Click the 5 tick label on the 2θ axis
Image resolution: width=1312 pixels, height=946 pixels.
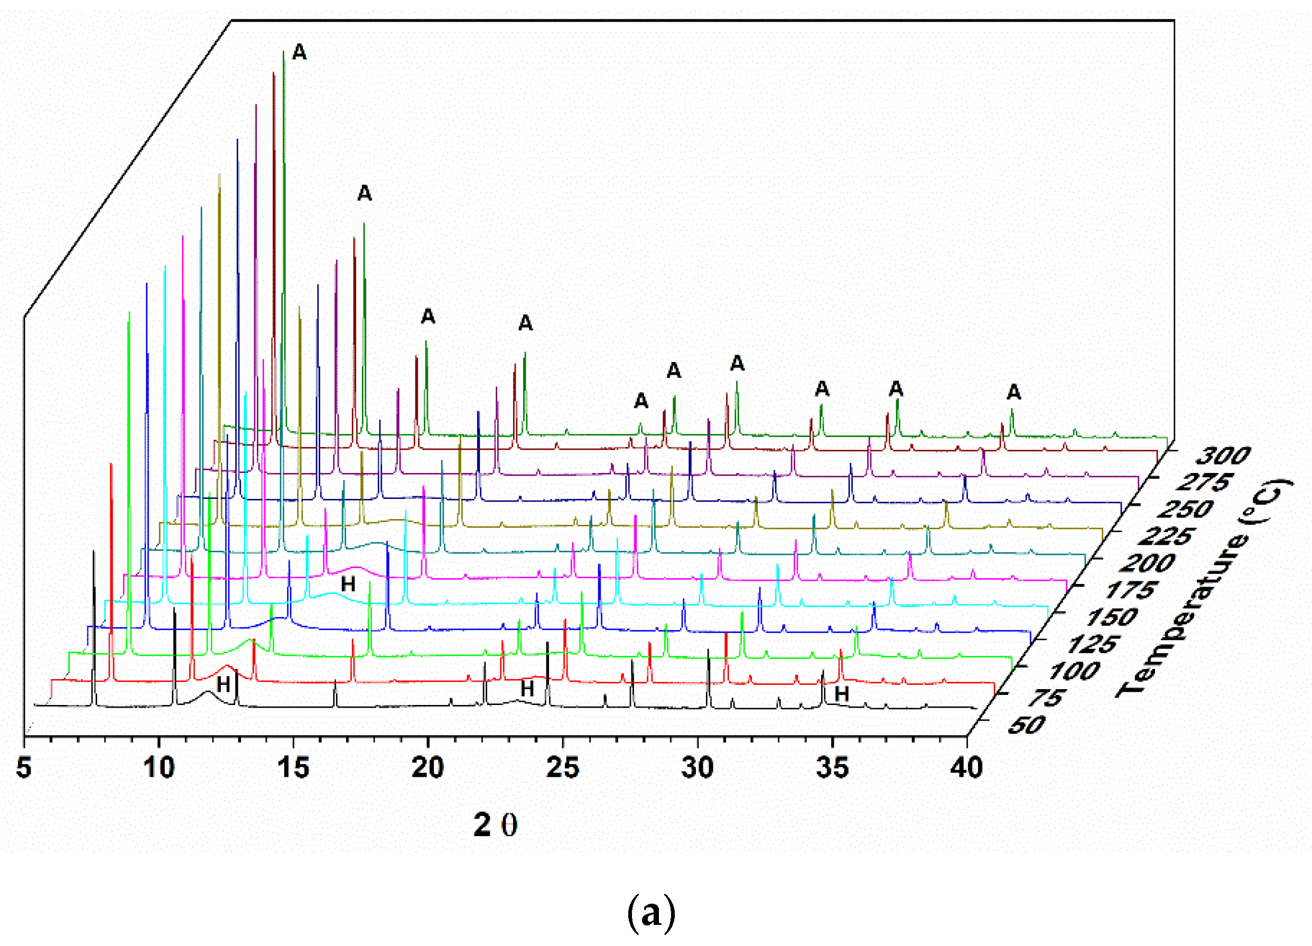click(24, 768)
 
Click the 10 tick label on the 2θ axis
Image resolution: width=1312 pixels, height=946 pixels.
click(159, 768)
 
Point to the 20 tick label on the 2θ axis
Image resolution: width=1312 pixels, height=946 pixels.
click(427, 768)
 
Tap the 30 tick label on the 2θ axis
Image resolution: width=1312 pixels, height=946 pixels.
click(697, 768)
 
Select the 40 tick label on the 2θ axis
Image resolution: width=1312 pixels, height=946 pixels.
click(966, 768)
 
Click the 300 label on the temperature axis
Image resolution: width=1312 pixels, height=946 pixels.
click(1222, 457)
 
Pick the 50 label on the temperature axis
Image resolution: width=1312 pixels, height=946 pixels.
click(1026, 726)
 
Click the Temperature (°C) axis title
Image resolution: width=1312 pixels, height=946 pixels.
click(1203, 587)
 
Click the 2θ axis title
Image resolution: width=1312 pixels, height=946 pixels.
click(496, 826)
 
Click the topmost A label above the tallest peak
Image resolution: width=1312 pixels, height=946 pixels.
click(299, 52)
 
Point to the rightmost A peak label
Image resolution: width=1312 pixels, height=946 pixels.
click(1013, 392)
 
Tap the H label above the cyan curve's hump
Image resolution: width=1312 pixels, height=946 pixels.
click(348, 584)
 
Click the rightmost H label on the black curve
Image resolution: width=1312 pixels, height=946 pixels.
click(842, 694)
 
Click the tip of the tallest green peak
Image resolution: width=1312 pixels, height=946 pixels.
click(283, 52)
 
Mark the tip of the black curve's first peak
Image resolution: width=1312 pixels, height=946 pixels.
click(94, 551)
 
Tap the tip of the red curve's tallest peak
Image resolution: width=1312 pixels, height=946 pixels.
click(111, 464)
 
